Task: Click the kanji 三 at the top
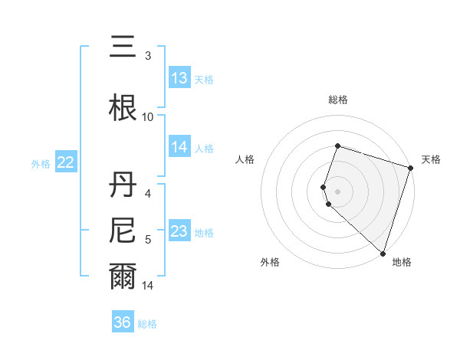tap(123, 47)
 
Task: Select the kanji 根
tap(123, 107)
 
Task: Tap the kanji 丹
tap(123, 185)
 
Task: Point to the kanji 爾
tap(123, 276)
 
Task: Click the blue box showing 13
tap(179, 78)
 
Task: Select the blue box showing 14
tap(179, 147)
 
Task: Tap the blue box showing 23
tap(179, 231)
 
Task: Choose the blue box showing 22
tap(65, 162)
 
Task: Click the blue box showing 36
tap(123, 322)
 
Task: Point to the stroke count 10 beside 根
tap(148, 116)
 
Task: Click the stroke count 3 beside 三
tap(148, 55)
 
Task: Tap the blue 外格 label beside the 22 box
tap(41, 163)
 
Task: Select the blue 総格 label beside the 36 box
tap(147, 324)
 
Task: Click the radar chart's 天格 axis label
tap(431, 159)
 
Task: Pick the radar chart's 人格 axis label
tap(245, 159)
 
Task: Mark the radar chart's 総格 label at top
tap(337, 100)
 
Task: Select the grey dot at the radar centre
tap(337, 191)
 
